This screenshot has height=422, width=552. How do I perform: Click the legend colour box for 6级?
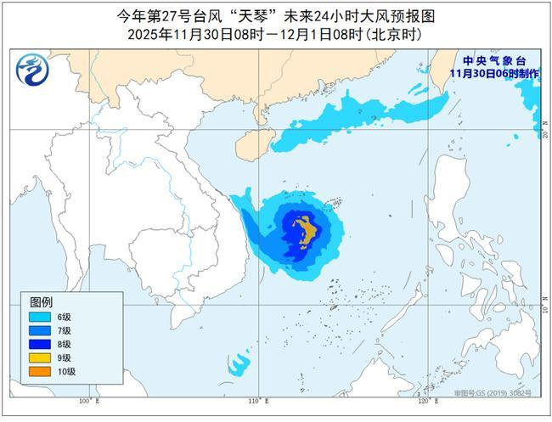click(x=40, y=317)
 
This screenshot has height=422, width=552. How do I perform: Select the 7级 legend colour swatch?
click(x=40, y=330)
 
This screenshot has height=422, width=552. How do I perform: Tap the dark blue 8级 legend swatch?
click(x=40, y=344)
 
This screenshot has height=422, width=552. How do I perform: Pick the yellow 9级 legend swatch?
click(x=40, y=357)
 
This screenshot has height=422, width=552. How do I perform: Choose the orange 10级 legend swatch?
click(x=40, y=371)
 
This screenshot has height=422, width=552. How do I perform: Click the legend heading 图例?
click(x=41, y=301)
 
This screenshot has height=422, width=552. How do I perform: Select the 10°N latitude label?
click(x=536, y=300)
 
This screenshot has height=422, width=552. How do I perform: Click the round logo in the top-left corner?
click(x=31, y=69)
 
